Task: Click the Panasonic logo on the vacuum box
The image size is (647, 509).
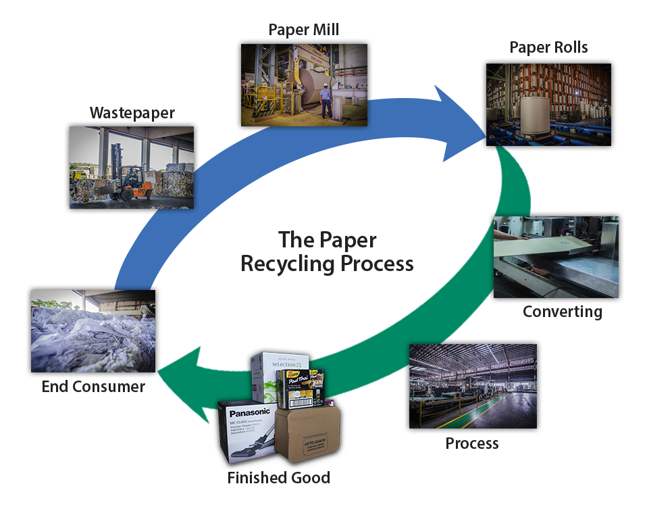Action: (250, 412)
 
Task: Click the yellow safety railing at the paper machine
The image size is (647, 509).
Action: (260, 101)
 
